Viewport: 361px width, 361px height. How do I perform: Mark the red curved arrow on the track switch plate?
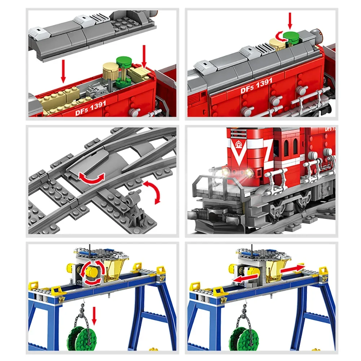click(92, 177)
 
